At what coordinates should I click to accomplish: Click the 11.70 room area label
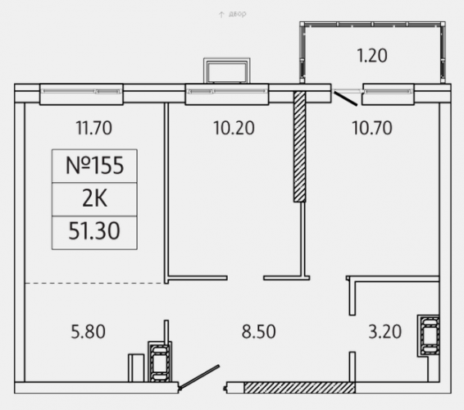click(x=93, y=128)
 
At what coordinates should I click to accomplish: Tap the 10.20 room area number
click(x=234, y=128)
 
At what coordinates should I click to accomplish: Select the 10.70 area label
click(x=372, y=128)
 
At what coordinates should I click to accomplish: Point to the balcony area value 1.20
click(x=372, y=56)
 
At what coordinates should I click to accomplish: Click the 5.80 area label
click(x=89, y=331)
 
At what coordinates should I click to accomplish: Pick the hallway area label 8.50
click(x=258, y=331)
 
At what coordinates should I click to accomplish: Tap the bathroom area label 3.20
click(x=385, y=331)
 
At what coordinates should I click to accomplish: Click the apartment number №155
click(x=94, y=166)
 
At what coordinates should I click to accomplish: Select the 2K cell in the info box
click(x=94, y=199)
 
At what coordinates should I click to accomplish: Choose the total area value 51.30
click(x=94, y=231)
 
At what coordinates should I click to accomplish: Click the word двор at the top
click(x=237, y=14)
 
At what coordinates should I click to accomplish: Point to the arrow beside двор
click(x=221, y=15)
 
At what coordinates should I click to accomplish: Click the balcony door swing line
click(x=346, y=98)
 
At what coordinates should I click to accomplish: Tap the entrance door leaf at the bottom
click(x=199, y=376)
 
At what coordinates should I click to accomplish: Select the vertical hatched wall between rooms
click(x=299, y=147)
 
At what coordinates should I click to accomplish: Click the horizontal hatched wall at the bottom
click(x=299, y=388)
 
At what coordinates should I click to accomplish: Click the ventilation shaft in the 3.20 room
click(x=428, y=335)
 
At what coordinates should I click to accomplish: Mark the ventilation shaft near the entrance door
click(x=160, y=362)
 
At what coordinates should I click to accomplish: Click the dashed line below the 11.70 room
click(x=95, y=283)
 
